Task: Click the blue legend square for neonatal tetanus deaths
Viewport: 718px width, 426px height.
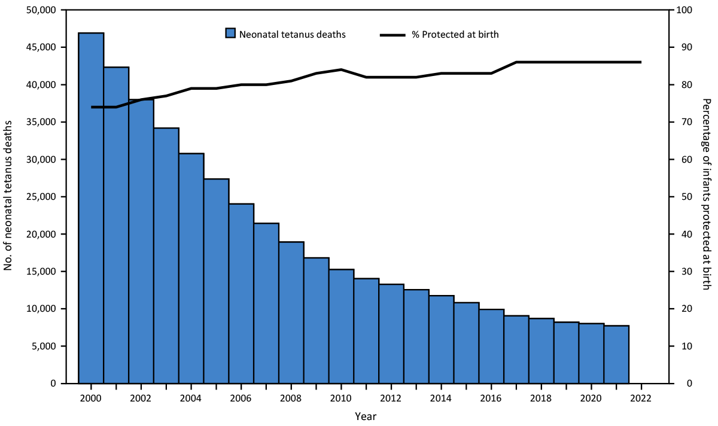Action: click(230, 34)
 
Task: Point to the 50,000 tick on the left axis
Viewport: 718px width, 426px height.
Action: click(39, 10)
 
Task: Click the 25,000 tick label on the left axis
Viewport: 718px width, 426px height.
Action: click(39, 197)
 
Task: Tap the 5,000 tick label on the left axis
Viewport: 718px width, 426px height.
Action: click(42, 346)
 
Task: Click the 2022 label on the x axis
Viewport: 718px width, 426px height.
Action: click(641, 398)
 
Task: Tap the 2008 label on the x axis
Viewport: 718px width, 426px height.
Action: click(291, 398)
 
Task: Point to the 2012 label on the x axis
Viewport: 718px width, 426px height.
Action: click(391, 398)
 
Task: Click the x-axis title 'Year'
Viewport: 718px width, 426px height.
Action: click(365, 415)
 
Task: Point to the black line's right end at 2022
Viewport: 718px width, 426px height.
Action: click(640, 62)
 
